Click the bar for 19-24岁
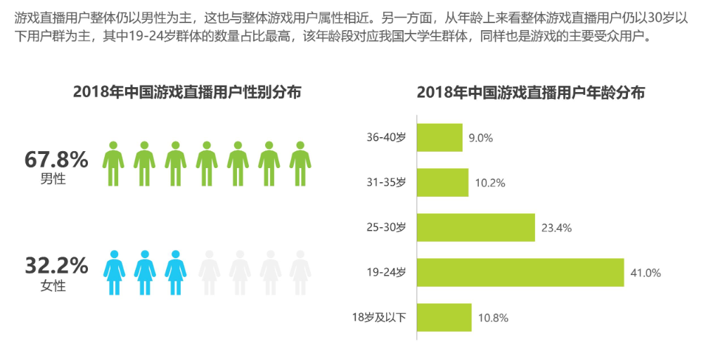520,273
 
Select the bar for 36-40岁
440,138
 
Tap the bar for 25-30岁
476,228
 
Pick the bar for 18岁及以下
444,318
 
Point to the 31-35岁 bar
443,183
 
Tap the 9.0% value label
481,138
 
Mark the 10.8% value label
493,318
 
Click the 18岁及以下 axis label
379,318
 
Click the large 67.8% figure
56,160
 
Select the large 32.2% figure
56,266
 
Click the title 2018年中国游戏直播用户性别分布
187,92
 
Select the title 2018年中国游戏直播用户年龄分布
531,92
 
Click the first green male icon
113,164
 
